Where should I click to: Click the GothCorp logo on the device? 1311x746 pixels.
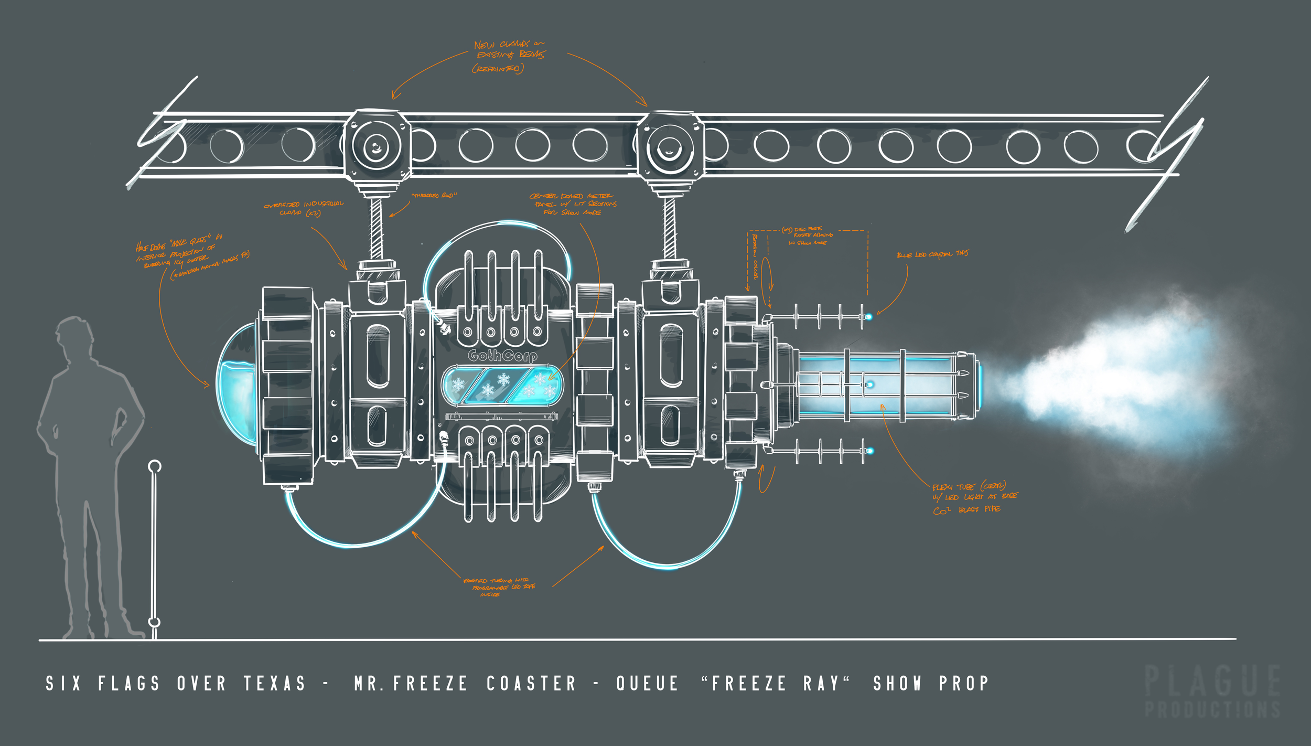(x=502, y=356)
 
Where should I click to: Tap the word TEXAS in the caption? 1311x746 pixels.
(x=274, y=684)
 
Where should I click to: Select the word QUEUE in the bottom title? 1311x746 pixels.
(x=647, y=684)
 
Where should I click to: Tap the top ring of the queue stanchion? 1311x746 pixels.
(x=155, y=466)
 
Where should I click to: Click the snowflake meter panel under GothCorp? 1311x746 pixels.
(x=502, y=386)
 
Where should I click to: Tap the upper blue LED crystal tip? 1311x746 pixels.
(x=869, y=316)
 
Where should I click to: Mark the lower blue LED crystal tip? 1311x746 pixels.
(x=869, y=451)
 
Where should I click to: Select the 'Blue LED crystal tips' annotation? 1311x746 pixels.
(x=932, y=254)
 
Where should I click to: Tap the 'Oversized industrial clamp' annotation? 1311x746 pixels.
(x=304, y=208)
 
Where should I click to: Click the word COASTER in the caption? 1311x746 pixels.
(x=531, y=684)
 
